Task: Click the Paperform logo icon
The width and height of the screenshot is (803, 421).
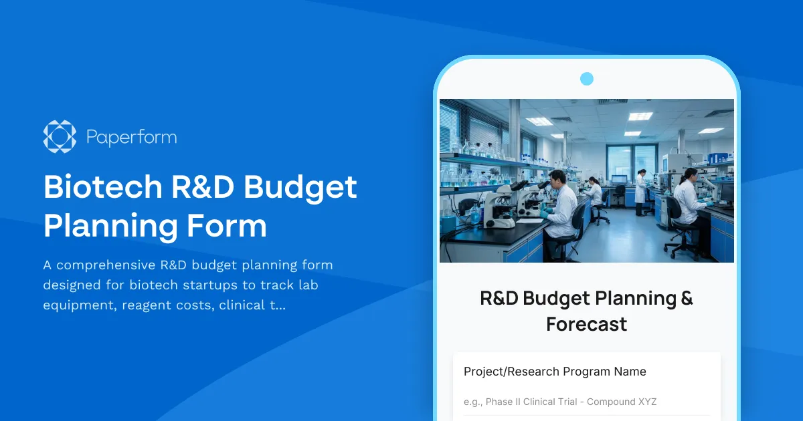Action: click(x=60, y=137)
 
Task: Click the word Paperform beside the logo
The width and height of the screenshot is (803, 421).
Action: click(x=132, y=138)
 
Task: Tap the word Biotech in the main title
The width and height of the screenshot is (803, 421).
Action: click(x=102, y=187)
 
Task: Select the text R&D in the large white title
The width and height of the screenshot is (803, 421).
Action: click(x=202, y=187)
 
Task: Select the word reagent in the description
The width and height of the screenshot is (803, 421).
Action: click(x=147, y=305)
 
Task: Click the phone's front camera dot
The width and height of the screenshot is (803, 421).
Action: click(x=587, y=79)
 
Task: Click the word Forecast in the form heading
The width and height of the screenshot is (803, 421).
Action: click(x=586, y=324)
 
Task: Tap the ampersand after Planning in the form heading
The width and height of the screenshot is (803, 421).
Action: click(x=686, y=298)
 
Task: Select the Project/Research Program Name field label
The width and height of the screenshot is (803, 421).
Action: click(x=555, y=372)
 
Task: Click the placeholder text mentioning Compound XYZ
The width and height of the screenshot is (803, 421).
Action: click(x=560, y=402)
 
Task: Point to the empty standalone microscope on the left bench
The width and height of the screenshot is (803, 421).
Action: click(x=501, y=207)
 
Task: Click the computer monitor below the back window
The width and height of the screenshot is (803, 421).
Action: click(x=619, y=180)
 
